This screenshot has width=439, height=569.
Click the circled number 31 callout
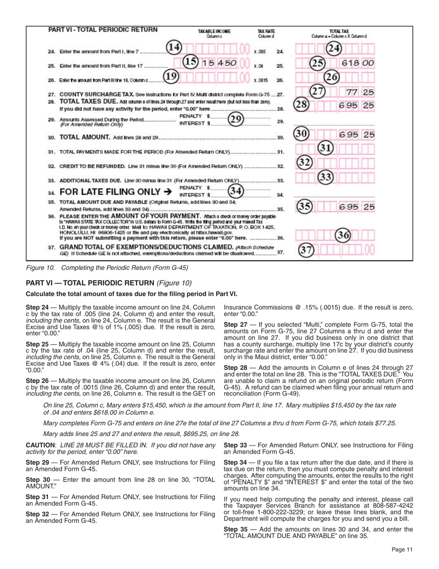coord(327,149)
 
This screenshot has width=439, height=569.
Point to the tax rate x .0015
coord(261,80)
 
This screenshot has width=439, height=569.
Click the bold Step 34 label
coord(234,462)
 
